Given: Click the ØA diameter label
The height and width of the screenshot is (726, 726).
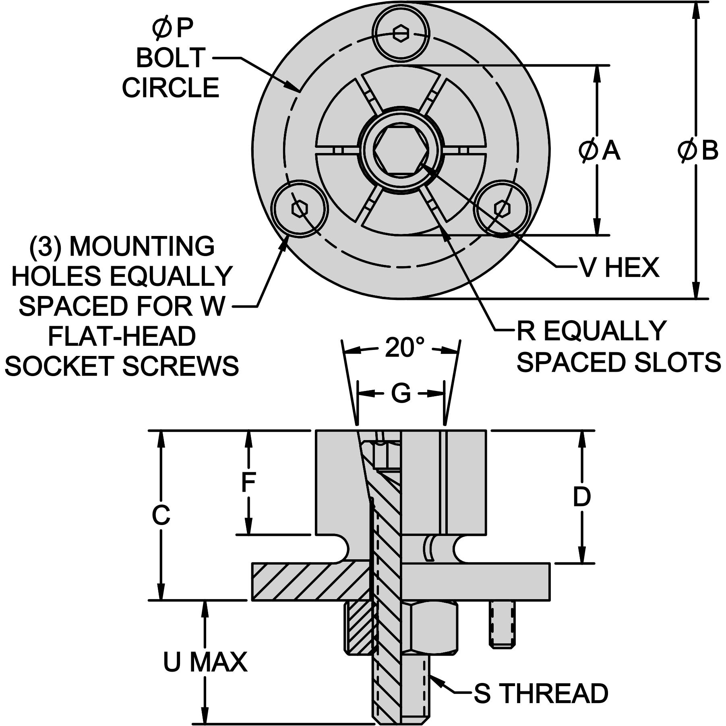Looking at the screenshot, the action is [x=599, y=151].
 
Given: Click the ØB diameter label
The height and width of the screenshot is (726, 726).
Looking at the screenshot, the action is [x=697, y=151].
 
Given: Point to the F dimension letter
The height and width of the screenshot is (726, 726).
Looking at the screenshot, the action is [x=249, y=482].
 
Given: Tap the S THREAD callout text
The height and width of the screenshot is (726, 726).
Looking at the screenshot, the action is [x=541, y=693].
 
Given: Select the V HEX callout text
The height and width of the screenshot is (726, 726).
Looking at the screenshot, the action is [x=619, y=267].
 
